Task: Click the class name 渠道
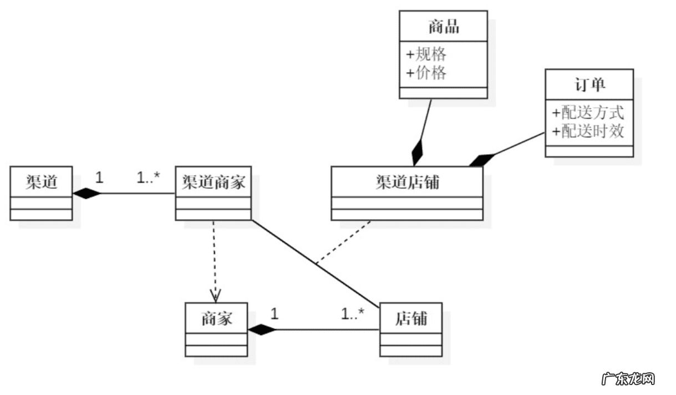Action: click(x=41, y=181)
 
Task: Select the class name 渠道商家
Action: click(x=214, y=181)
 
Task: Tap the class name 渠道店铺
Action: click(x=406, y=181)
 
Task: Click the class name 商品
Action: click(x=444, y=26)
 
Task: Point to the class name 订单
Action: click(x=589, y=84)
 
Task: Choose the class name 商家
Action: click(x=216, y=318)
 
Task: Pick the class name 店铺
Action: click(x=411, y=318)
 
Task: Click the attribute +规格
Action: click(x=426, y=54)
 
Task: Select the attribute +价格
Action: click(x=426, y=73)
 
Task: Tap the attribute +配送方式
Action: click(x=588, y=113)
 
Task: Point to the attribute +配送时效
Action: click(x=588, y=131)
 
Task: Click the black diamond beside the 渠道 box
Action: click(x=88, y=194)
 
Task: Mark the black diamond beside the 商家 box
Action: click(x=262, y=330)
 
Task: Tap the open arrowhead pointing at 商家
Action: click(x=216, y=295)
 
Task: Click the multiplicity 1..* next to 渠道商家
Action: click(x=148, y=178)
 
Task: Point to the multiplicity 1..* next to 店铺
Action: click(x=352, y=314)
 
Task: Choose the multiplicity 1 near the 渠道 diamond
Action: click(x=99, y=178)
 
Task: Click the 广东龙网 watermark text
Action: click(x=628, y=379)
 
